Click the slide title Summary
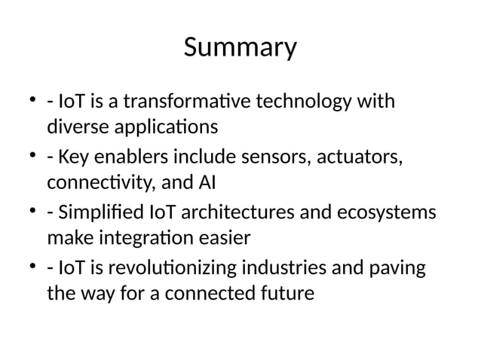pyautogui.click(x=240, y=48)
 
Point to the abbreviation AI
pyautogui.click(x=205, y=183)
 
